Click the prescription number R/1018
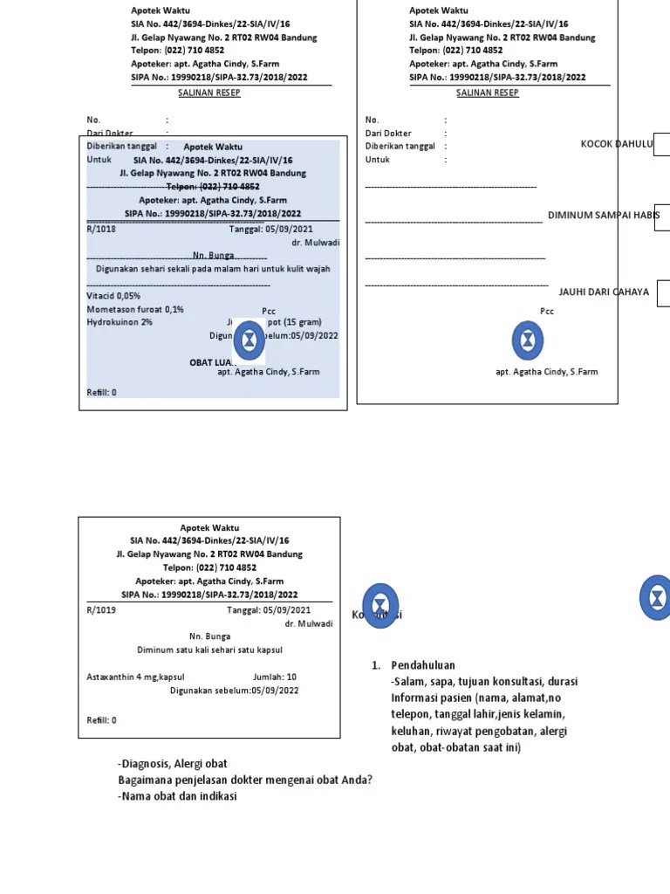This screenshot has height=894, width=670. pos(101,229)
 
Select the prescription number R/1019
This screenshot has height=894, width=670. pos(101,610)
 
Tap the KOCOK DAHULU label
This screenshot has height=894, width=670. pos(617,144)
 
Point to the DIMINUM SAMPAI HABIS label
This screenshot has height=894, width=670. pos(604,215)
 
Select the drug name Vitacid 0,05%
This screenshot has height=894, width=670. pos(113,296)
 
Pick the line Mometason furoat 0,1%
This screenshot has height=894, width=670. pos(135,309)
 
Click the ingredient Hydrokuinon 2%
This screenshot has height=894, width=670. pos(120,322)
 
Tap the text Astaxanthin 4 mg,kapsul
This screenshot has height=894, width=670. pos(135,677)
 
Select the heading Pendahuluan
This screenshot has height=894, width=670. pos(423,665)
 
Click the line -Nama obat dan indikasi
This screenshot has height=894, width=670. pos(177,795)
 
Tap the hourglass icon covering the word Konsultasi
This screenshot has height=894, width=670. pos(380,605)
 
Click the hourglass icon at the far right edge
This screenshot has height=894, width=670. pos(657,598)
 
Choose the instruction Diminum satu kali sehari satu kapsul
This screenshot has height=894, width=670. pos(209,650)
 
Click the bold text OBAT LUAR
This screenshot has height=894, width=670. pos(212,361)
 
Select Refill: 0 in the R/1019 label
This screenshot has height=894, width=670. pos(101,720)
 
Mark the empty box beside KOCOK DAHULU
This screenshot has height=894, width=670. pos(661,144)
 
